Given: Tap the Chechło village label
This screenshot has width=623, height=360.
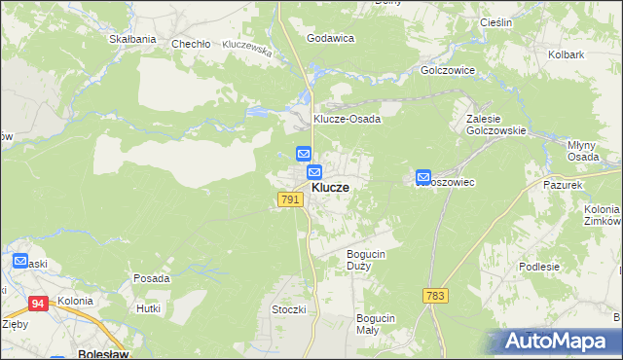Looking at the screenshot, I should click(191, 44).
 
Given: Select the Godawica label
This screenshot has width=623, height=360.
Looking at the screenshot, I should click(330, 38).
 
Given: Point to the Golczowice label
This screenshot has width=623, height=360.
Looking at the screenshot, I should click(446, 71).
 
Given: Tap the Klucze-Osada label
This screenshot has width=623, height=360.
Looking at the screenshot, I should click(347, 119).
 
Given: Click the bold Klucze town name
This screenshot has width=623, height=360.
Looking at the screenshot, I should click(330, 187).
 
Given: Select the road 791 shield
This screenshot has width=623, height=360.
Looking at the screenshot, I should click(289, 199).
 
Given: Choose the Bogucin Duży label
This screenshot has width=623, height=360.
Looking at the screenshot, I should click(367, 260).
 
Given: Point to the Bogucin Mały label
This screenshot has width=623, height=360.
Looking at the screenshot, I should click(375, 324).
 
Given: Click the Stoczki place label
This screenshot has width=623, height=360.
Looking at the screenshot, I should click(289, 309).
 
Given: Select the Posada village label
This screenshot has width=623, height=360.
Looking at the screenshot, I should click(152, 278).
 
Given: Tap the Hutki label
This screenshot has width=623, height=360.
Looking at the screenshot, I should click(148, 307).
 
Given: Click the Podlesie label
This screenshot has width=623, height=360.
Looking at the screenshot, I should click(539, 267).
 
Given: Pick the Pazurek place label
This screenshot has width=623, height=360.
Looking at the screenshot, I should click(563, 184).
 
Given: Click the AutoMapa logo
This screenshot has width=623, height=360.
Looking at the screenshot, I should click(554, 342).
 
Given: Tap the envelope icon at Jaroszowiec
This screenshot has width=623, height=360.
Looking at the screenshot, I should click(424, 177).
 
